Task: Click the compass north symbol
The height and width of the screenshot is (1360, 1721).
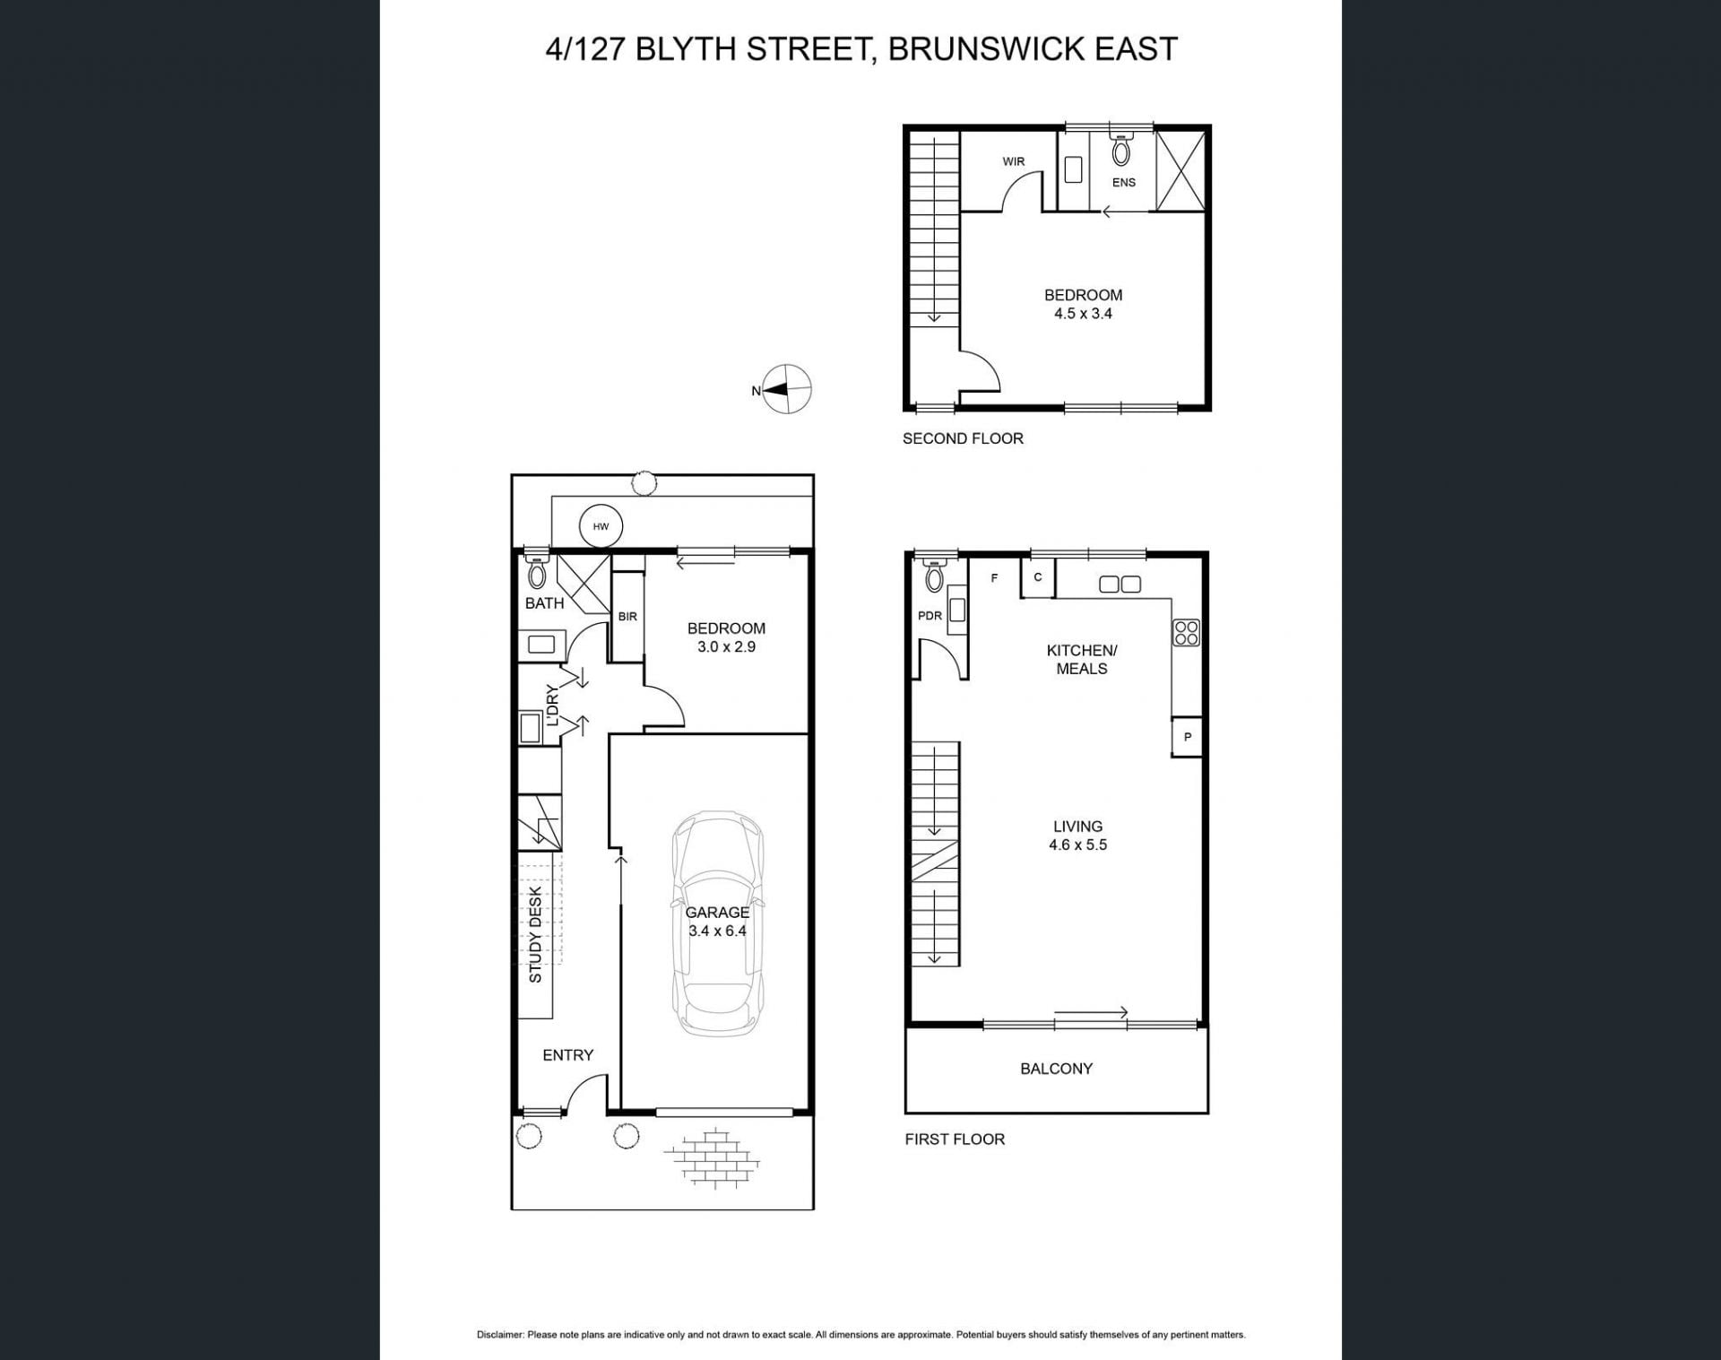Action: tap(786, 389)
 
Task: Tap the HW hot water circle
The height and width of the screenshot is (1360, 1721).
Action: tap(601, 526)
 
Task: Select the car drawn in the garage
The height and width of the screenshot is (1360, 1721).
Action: tap(718, 924)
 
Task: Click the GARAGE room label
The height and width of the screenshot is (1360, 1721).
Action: tap(717, 912)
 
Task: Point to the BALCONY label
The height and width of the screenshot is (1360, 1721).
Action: tap(1056, 1069)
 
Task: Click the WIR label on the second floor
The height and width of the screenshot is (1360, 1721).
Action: tap(1014, 161)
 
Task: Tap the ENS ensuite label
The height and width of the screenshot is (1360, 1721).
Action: tap(1124, 182)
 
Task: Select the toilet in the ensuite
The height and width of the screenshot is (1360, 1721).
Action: tap(1121, 149)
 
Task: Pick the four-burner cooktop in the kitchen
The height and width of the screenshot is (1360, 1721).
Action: tap(1186, 632)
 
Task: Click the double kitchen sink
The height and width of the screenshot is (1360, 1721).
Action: tap(1120, 585)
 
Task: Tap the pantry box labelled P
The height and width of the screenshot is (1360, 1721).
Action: tap(1187, 738)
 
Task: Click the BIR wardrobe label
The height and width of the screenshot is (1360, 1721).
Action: tap(627, 617)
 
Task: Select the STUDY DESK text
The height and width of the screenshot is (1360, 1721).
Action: tap(535, 935)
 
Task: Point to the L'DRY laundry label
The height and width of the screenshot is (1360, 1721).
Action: tap(552, 706)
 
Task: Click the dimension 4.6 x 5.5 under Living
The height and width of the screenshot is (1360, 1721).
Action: tap(1078, 845)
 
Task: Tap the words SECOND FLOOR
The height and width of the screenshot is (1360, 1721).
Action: tap(963, 438)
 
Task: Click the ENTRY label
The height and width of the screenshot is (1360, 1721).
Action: tap(568, 1055)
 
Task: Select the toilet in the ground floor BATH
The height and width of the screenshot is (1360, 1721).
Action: tap(537, 570)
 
